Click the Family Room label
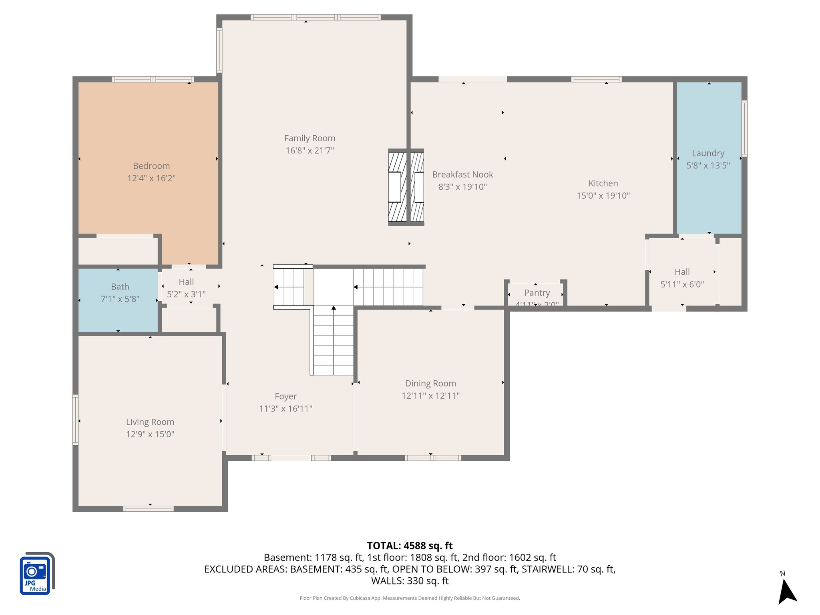pyautogui.click(x=310, y=139)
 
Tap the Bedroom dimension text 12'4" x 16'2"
pyautogui.click(x=151, y=178)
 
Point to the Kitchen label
pyautogui.click(x=603, y=183)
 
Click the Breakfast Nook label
pyautogui.click(x=462, y=175)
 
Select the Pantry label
pyautogui.click(x=537, y=293)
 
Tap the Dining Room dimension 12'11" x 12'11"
pyautogui.click(x=430, y=396)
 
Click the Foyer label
pyautogui.click(x=285, y=396)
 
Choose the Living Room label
pyautogui.click(x=150, y=422)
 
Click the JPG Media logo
pyautogui.click(x=36, y=574)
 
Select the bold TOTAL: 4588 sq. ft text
pyautogui.click(x=410, y=546)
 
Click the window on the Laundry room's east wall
pyautogui.click(x=744, y=128)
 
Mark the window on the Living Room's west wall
pyautogui.click(x=75, y=420)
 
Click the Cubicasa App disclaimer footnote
pyautogui.click(x=410, y=598)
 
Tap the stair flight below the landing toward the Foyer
pyautogui.click(x=333, y=340)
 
